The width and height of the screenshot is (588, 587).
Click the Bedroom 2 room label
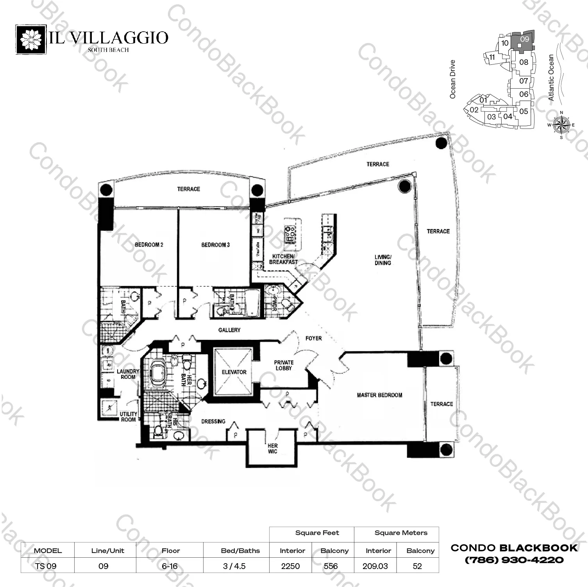coord(149,245)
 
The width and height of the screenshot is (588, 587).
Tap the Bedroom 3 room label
coord(215,245)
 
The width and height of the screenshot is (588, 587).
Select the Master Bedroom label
coord(379,395)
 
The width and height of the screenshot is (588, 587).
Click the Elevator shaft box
coord(234,372)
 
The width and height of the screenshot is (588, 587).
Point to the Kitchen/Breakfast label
coord(283,259)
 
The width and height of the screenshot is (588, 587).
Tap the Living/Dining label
coord(382,260)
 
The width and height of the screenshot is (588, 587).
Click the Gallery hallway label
coord(229,330)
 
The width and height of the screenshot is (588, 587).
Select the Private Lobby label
coord(284,365)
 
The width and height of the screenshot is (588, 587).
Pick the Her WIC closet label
coord(272,448)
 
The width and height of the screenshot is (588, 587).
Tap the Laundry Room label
coord(128,374)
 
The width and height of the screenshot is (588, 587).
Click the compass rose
coord(561,125)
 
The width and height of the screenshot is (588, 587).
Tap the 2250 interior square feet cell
coord(290,566)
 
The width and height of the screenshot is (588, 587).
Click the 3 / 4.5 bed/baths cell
coord(234,566)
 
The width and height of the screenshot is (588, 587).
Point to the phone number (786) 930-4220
coord(514,560)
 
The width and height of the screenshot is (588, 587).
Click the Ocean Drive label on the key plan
coord(453,79)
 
